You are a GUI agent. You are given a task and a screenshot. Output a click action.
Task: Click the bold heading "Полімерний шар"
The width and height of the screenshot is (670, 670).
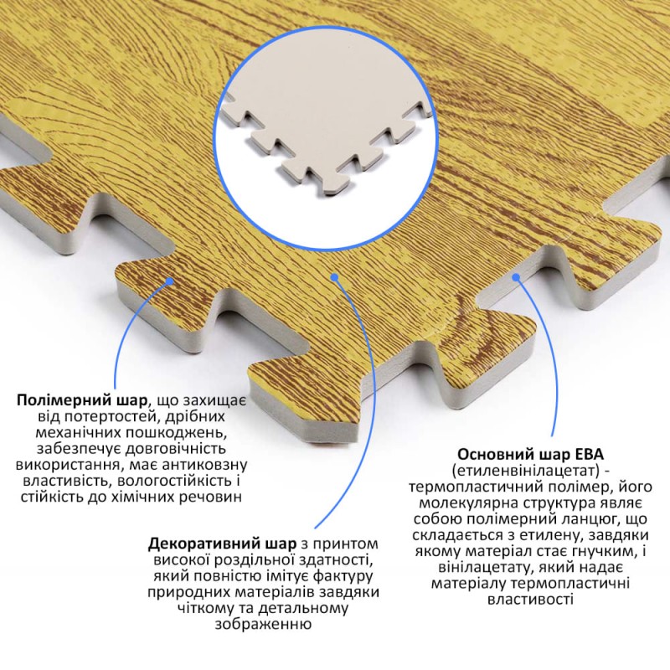81,401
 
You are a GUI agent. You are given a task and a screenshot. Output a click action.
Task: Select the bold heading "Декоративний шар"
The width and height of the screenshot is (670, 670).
222,544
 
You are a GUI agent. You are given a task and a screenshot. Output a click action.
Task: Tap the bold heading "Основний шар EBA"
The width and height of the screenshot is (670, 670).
531,454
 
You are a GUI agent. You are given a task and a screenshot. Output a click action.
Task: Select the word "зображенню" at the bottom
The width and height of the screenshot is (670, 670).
263,624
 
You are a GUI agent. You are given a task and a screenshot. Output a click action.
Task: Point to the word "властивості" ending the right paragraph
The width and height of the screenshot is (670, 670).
530,599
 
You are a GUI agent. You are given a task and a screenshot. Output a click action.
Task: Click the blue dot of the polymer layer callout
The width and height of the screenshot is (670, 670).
170,281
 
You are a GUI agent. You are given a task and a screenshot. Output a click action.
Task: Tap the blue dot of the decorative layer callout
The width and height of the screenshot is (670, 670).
334,277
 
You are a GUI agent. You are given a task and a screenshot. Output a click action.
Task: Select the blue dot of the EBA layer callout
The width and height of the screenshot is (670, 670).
517,277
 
